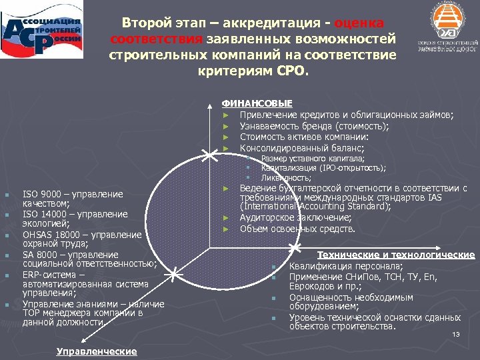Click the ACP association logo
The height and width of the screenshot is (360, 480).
point(43,36)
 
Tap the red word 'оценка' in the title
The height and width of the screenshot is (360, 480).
point(359,23)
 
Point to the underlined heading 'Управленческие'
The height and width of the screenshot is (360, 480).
point(97,351)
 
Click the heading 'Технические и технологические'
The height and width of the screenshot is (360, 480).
point(396,255)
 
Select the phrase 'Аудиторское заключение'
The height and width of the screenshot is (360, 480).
point(295,218)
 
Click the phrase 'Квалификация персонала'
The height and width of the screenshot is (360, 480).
point(345,266)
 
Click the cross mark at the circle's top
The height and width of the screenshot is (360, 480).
point(209,155)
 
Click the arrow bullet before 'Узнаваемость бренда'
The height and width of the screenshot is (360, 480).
point(227,126)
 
